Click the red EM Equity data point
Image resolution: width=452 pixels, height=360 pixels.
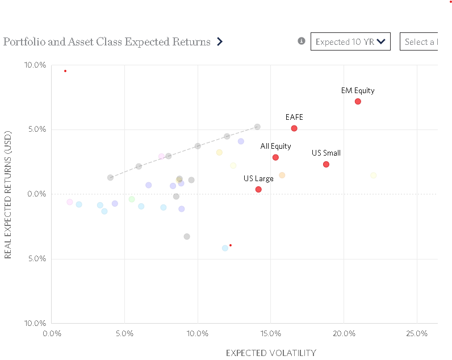[x=358, y=102]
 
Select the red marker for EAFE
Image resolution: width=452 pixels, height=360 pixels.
[x=294, y=128]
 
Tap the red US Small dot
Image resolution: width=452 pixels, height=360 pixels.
[x=326, y=164]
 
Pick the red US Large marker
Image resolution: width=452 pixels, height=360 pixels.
[x=258, y=190]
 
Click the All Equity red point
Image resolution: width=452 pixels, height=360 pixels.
[x=275, y=157]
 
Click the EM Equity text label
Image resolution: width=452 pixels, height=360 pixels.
[x=358, y=90]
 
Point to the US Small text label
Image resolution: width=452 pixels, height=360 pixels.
[x=326, y=153]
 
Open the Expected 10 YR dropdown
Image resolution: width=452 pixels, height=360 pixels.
[x=350, y=41]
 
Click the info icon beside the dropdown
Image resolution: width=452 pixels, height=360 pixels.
[x=302, y=41]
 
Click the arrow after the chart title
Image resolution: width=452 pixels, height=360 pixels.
[x=220, y=41]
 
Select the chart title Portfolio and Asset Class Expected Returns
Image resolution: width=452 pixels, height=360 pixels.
[x=107, y=42]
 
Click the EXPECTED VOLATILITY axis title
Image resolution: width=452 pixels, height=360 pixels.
[x=271, y=353]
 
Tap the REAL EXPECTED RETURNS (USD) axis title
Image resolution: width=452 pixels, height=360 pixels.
[x=8, y=194]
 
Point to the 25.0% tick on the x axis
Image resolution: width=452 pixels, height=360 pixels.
[x=417, y=333]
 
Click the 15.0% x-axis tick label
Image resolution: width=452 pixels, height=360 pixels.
[x=270, y=333]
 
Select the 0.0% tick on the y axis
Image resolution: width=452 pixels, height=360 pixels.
[x=36, y=194]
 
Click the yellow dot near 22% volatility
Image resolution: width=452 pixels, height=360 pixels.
[x=373, y=175]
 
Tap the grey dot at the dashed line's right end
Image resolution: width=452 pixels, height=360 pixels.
[x=257, y=127]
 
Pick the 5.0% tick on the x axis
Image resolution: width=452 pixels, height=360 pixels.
[x=124, y=333]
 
